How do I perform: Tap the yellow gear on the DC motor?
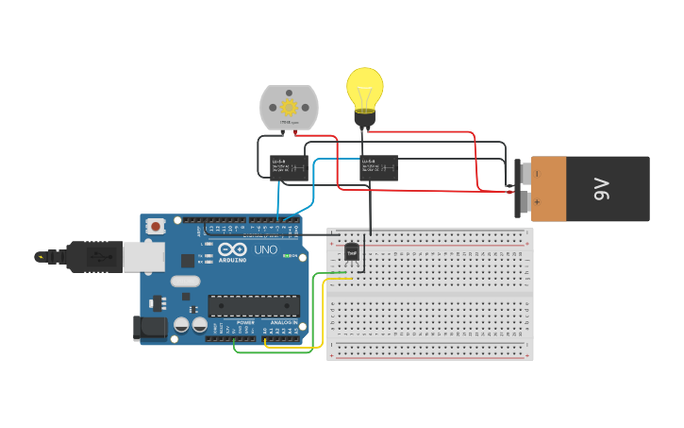(289, 107)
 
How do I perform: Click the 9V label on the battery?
(602, 189)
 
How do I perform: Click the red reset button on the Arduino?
(157, 226)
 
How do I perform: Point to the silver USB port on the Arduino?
(142, 255)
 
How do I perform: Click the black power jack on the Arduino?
(149, 328)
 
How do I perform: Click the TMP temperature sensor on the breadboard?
(352, 252)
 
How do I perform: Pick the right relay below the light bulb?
(378, 167)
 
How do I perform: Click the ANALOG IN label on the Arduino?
(282, 322)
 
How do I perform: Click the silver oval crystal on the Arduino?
(186, 281)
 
